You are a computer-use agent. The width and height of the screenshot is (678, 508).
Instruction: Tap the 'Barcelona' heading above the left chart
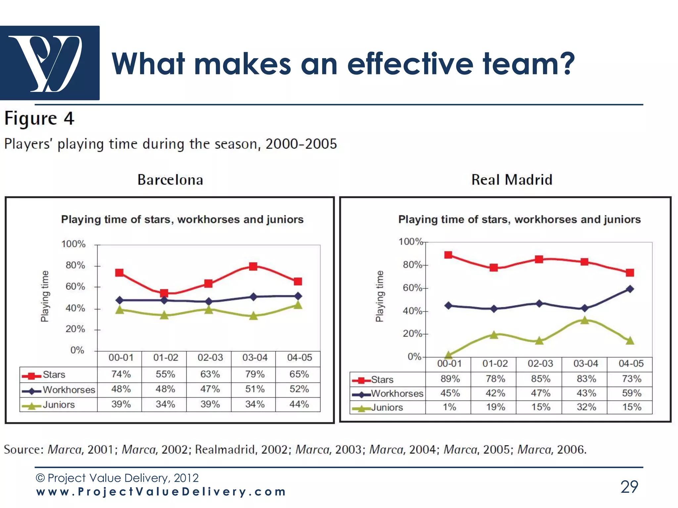pyautogui.click(x=170, y=180)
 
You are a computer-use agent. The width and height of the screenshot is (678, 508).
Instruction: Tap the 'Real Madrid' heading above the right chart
pyautogui.click(x=512, y=180)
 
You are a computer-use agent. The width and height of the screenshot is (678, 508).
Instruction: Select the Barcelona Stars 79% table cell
pyautogui.click(x=255, y=374)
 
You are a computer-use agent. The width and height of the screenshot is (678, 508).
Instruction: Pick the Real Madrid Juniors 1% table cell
pyautogui.click(x=449, y=407)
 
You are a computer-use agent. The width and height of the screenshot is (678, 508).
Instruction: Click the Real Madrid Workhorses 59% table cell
pyautogui.click(x=631, y=393)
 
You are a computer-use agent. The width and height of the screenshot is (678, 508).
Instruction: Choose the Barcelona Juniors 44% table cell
pyautogui.click(x=299, y=404)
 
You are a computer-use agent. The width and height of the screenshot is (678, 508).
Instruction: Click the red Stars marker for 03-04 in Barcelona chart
pyautogui.click(x=253, y=266)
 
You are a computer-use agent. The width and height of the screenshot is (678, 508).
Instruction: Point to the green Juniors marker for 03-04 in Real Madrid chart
pyautogui.click(x=585, y=320)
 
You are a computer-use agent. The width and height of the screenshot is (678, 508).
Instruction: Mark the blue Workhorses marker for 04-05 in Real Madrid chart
pyautogui.click(x=630, y=289)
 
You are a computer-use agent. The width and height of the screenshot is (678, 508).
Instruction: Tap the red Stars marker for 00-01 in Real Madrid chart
pyautogui.click(x=448, y=255)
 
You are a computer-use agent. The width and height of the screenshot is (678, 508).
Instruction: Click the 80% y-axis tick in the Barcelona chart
pyautogui.click(x=75, y=265)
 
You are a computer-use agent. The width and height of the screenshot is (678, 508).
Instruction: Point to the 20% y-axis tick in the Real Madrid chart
pyautogui.click(x=412, y=334)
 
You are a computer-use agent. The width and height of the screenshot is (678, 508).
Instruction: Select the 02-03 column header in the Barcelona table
pyautogui.click(x=210, y=358)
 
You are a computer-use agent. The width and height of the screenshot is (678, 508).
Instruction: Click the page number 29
pyautogui.click(x=629, y=487)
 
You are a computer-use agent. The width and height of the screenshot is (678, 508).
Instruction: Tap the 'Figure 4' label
pyautogui.click(x=39, y=118)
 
